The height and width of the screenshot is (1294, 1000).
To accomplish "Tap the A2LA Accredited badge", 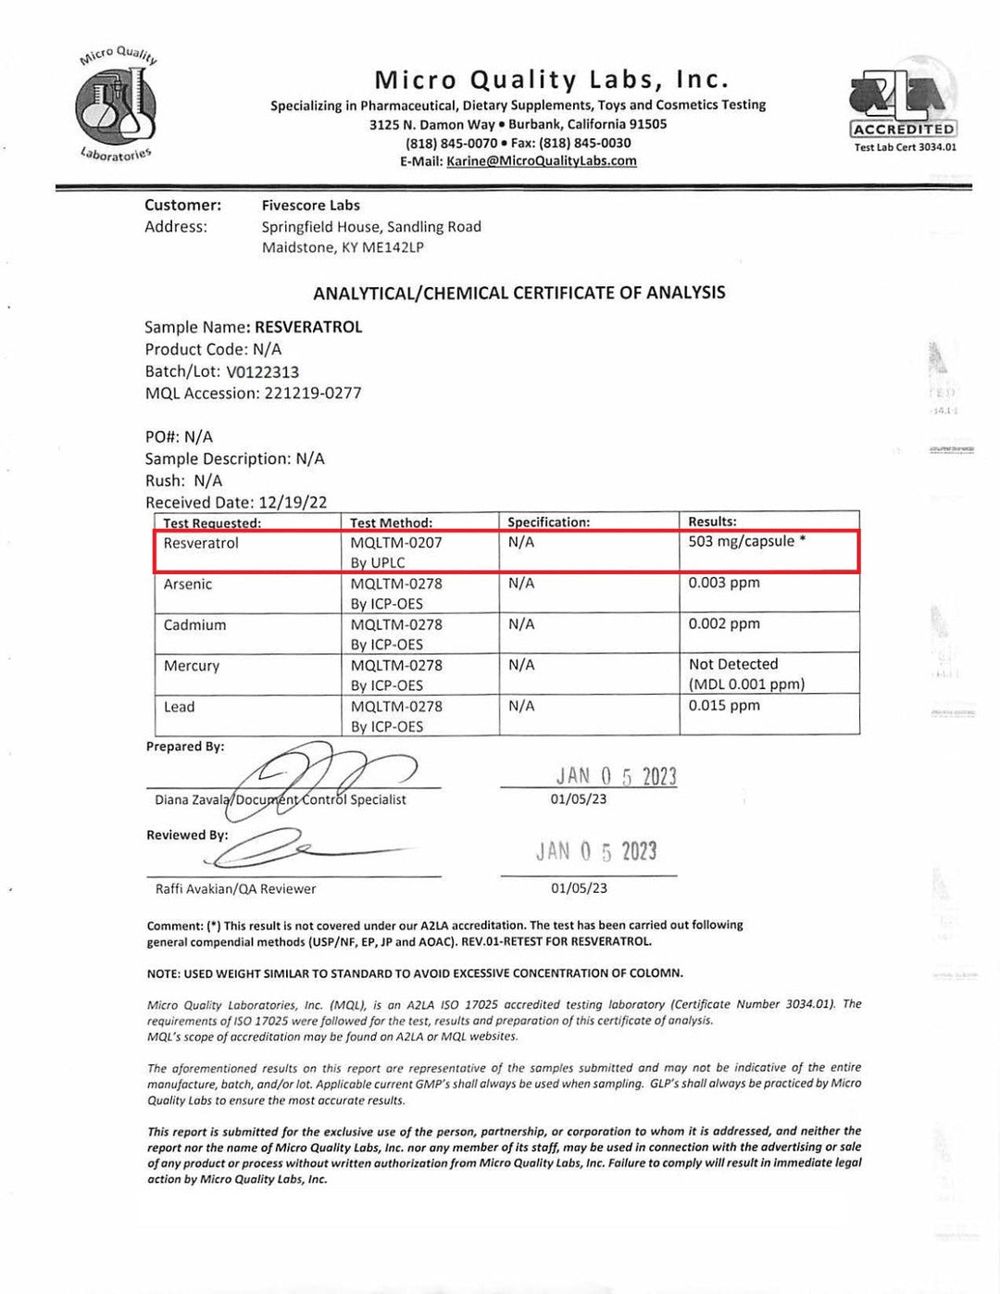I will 903,105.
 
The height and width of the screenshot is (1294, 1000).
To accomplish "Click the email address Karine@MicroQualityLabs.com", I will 542,161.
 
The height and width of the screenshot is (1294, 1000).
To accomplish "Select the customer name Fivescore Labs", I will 310,206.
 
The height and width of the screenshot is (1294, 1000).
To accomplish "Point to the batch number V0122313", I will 262,371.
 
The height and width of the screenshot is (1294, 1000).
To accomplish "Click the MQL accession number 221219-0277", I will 313,394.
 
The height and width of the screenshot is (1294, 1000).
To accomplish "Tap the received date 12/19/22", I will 293,503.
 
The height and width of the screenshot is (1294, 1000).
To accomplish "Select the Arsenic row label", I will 188,584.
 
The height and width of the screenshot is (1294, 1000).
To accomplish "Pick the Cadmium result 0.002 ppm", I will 724,624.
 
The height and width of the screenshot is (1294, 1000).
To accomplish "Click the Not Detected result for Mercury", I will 733,665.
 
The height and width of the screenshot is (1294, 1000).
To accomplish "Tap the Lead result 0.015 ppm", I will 724,706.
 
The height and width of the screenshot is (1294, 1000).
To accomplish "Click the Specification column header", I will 548,522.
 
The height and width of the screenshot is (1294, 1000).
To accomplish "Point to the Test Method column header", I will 391,522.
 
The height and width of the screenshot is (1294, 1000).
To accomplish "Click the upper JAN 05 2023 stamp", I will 616,776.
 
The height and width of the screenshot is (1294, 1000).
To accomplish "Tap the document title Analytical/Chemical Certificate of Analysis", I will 519,294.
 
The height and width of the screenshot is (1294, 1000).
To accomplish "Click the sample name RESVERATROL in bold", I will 308,327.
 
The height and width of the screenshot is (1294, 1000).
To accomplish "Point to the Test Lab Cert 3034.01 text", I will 905,147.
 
